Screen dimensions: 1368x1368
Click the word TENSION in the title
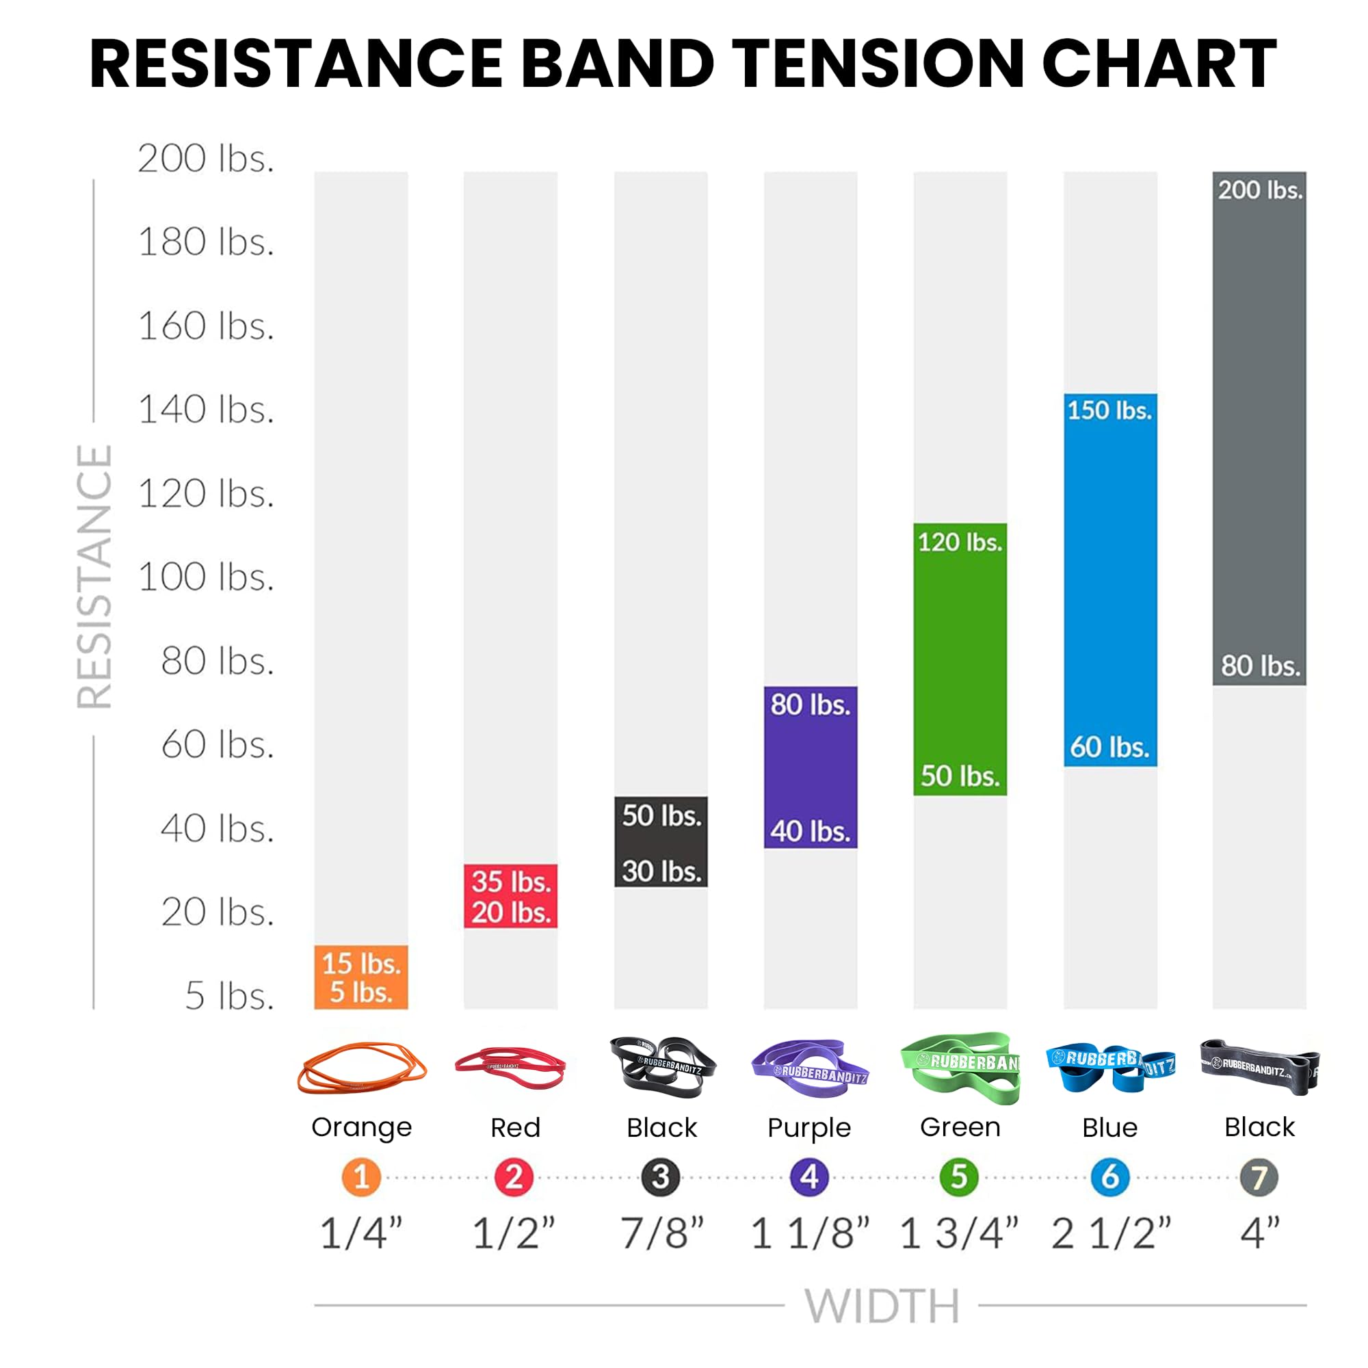pos(877,64)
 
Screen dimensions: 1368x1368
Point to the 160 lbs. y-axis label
pos(205,326)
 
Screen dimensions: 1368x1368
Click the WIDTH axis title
pos(882,1306)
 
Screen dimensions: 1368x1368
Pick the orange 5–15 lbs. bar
pos(361,977)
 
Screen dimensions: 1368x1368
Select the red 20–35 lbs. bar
pos(510,896)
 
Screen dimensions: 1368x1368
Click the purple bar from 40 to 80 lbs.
pos(810,767)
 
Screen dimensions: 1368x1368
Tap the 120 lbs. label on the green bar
pos(960,542)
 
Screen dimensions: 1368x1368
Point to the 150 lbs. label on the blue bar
pos(1109,410)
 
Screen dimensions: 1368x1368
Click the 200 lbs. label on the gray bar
pos(1260,189)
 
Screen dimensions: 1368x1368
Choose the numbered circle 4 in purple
pos(809,1176)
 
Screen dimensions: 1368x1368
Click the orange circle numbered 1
pos(361,1176)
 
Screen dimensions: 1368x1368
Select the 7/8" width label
pos(662,1233)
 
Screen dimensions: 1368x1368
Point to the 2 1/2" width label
pos(1111,1233)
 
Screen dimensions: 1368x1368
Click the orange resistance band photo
pos(362,1068)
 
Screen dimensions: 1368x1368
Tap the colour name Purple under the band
pos(809,1127)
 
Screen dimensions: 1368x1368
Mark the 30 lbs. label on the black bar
pos(661,871)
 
